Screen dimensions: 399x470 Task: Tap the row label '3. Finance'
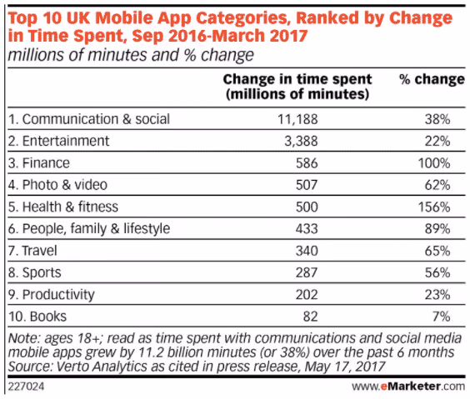pyautogui.click(x=40, y=162)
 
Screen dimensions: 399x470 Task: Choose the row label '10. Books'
pyautogui.click(x=38, y=316)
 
